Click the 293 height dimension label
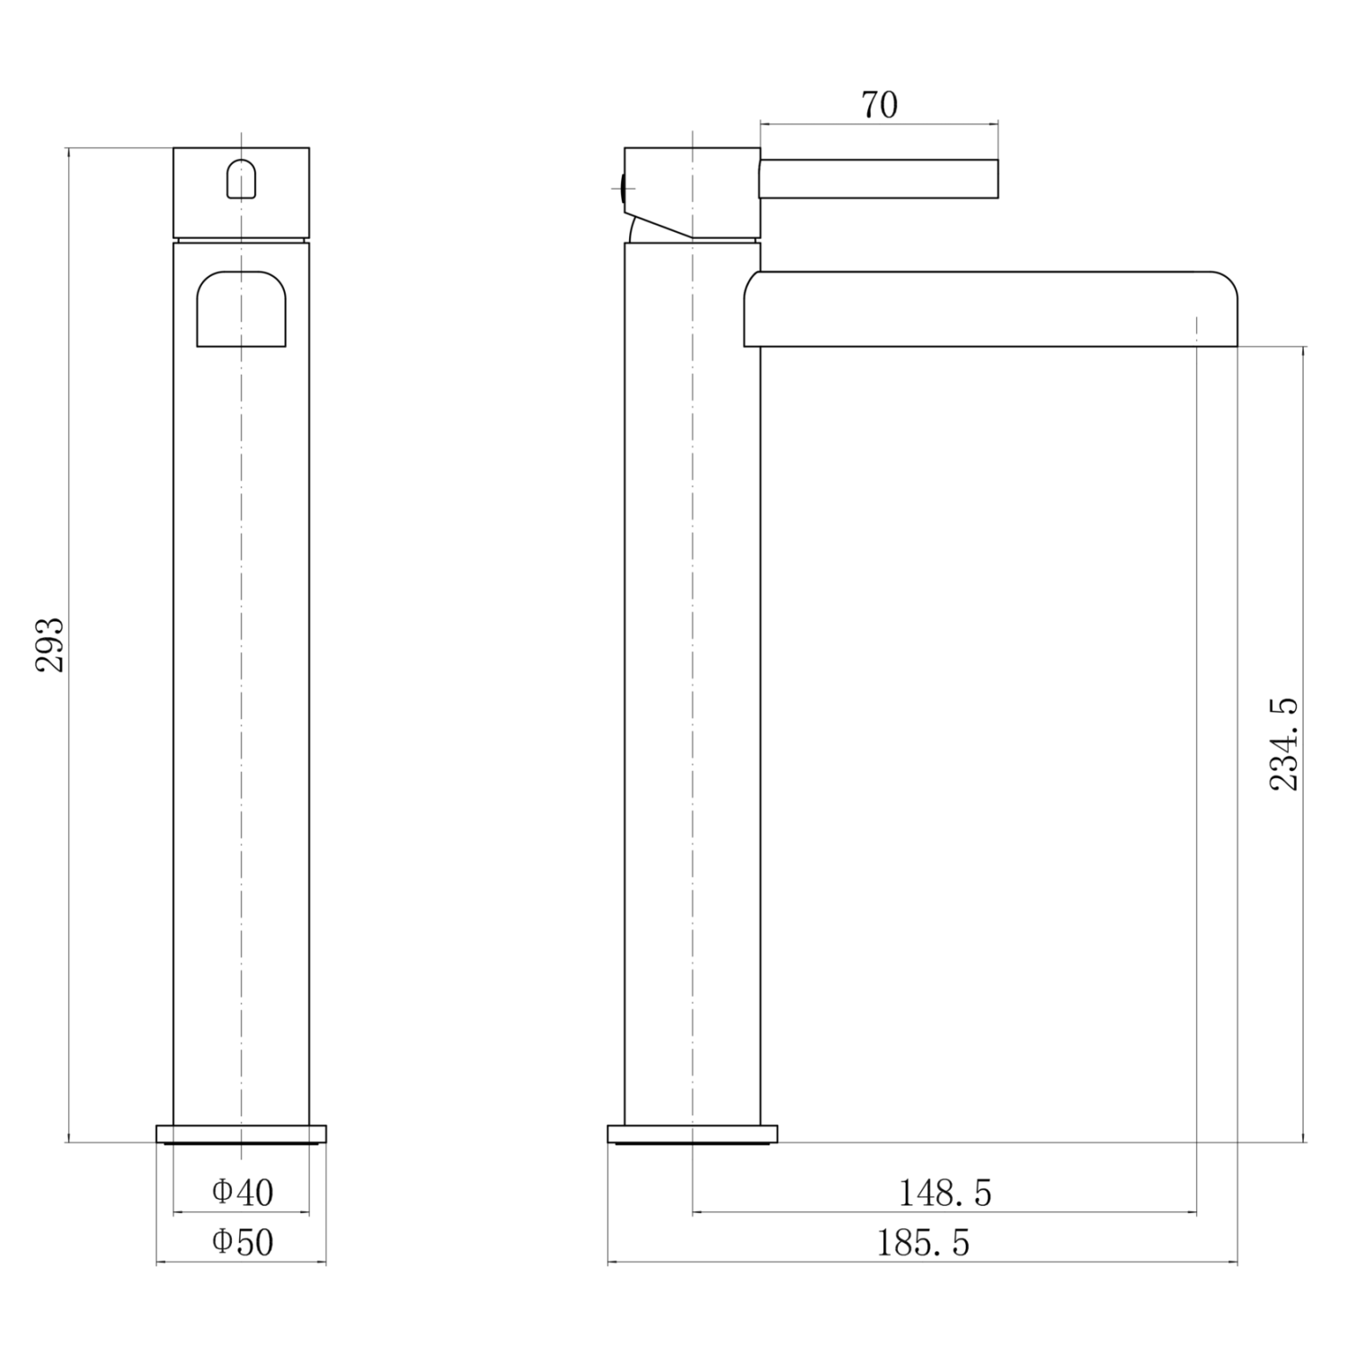point(50,644)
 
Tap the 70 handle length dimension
point(880,105)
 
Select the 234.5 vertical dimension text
point(1284,743)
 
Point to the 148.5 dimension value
point(945,1193)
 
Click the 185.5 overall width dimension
point(923,1244)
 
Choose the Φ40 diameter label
point(243,1193)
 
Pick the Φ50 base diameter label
point(243,1243)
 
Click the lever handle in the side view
point(879,179)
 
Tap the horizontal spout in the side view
point(990,309)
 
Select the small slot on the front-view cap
point(241,179)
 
